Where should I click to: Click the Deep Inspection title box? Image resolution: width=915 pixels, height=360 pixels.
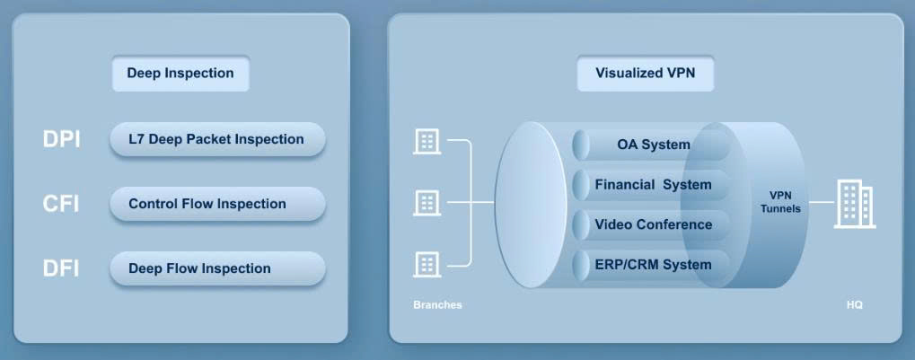[180, 74]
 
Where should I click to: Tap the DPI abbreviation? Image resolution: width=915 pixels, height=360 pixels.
[61, 140]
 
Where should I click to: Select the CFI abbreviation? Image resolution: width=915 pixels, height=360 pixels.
[61, 205]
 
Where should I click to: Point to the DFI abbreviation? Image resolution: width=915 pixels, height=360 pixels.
[61, 268]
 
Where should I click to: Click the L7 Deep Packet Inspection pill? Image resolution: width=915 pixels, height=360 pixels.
[216, 139]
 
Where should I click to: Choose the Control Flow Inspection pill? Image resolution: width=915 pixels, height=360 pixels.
[216, 204]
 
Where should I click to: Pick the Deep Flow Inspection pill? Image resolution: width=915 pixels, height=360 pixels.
[216, 268]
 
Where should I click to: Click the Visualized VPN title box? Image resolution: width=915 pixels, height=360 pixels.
[645, 74]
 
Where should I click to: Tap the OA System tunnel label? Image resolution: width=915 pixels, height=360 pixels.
[653, 145]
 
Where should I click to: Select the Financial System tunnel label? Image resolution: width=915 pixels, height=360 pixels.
[653, 185]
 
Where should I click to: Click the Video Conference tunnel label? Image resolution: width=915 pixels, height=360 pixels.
[653, 224]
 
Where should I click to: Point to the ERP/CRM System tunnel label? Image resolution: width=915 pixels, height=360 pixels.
[653, 265]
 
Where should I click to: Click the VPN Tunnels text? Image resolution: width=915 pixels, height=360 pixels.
[780, 202]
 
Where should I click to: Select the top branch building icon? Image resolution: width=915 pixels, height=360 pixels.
[426, 141]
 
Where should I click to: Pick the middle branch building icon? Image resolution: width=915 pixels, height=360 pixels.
[426, 203]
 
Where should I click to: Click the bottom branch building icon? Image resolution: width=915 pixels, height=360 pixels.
[426, 264]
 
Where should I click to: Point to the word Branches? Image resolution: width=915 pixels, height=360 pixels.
[437, 305]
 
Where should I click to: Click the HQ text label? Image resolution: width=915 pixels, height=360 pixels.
[854, 305]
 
